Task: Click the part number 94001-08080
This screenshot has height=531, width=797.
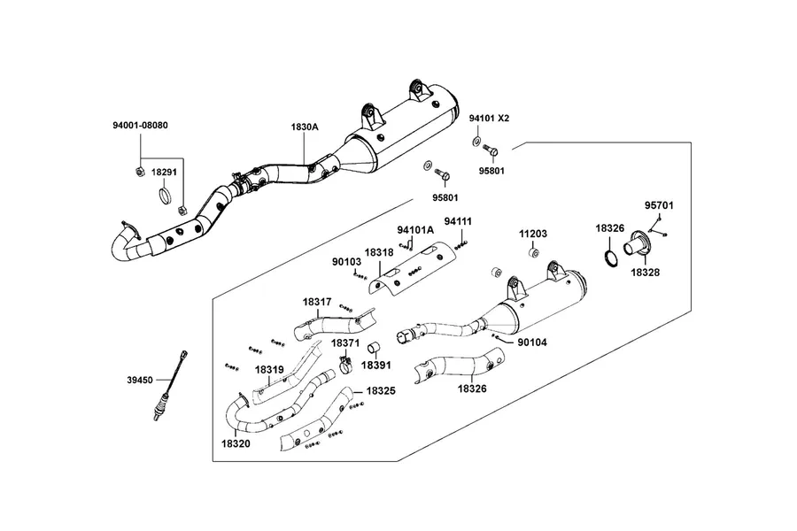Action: click(140, 125)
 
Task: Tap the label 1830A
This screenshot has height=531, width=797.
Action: click(305, 127)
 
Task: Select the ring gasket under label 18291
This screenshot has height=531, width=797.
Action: click(165, 195)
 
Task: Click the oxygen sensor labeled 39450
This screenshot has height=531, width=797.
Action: click(171, 385)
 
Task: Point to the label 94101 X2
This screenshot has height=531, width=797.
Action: click(489, 118)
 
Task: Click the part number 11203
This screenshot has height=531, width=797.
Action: click(533, 234)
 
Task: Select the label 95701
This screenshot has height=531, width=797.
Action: click(659, 205)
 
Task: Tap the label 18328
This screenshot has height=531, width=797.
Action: click(646, 273)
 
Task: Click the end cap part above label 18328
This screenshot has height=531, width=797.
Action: click(637, 249)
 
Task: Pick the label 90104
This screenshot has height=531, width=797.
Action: click(532, 342)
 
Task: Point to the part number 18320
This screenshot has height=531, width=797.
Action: click(236, 443)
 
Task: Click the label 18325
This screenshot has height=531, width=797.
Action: click(381, 391)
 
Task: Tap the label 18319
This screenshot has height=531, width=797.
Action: click(269, 369)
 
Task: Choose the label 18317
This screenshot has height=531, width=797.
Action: click(317, 302)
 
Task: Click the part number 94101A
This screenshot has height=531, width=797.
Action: click(415, 230)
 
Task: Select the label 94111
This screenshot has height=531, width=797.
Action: click(458, 221)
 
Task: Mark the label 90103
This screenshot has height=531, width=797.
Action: click(346, 262)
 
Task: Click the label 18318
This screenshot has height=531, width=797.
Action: click(379, 252)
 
